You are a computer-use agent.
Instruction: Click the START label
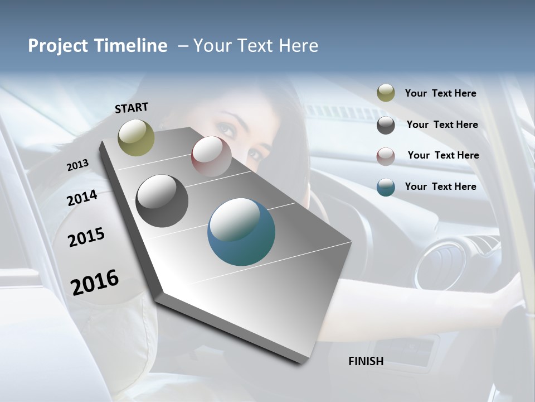point(132,108)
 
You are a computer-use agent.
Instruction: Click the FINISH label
point(366,361)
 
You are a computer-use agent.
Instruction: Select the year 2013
point(77,165)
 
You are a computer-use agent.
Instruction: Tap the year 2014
point(82,198)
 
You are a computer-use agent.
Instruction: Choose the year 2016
point(95,282)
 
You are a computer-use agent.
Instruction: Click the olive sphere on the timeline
point(136,137)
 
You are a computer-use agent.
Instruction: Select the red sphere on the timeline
point(211,156)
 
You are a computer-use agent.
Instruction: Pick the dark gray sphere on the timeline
point(162,201)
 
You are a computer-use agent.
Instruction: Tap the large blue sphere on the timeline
point(241,232)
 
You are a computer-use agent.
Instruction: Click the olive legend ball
point(386,93)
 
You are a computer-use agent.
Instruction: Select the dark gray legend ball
point(386,125)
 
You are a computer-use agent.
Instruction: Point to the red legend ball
point(386,156)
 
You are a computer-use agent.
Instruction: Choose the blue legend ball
point(386,187)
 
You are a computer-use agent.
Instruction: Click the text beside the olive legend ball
point(440,94)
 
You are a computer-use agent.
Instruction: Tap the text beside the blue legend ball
point(440,186)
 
